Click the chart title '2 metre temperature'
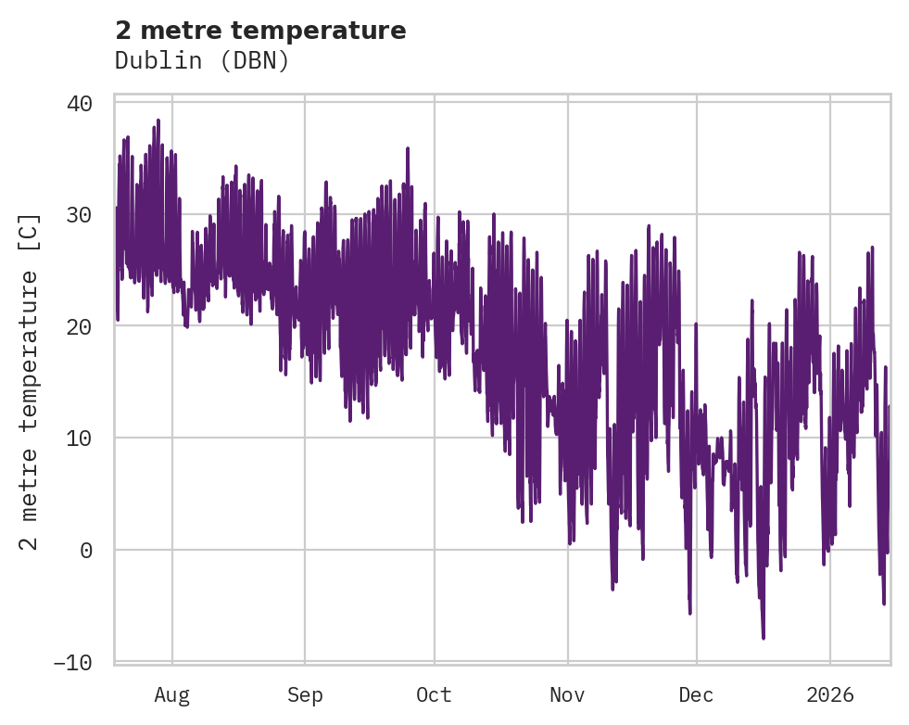click(260, 31)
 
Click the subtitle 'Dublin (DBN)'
click(202, 60)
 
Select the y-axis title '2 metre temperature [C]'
click(30, 382)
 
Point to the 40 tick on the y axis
click(80, 103)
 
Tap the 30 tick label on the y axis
click(80, 215)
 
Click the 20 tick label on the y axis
click(80, 326)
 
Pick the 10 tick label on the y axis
click(80, 439)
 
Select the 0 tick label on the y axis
click(86, 550)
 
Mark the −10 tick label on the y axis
click(73, 662)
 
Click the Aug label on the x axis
click(172, 695)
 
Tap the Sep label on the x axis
click(305, 695)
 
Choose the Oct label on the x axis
click(434, 695)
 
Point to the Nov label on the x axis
click(567, 695)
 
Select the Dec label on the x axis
click(696, 695)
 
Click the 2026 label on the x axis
click(830, 695)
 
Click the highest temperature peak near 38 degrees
click(158, 121)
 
